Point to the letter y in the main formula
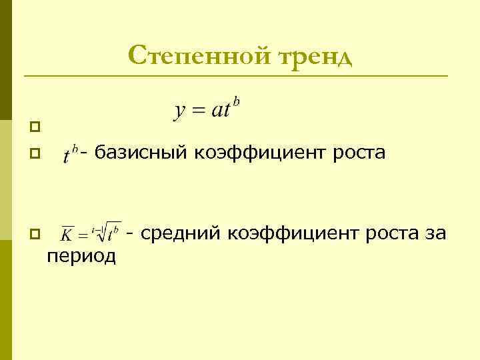coord(180,111)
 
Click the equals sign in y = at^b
coord(198,111)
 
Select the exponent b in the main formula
coord(236,101)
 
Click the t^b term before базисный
coord(71,154)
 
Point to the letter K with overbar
coord(67,235)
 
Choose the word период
coord(81,255)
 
